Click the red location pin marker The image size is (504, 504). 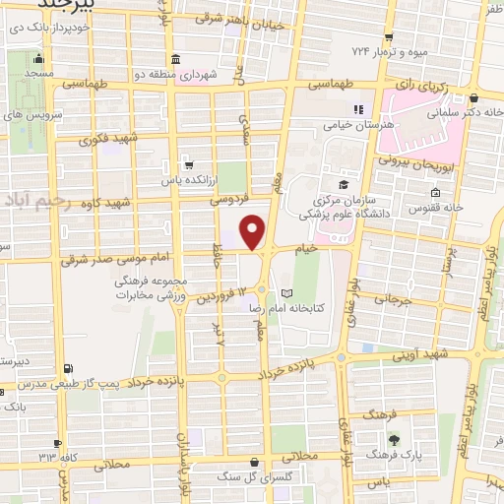pos(254,232)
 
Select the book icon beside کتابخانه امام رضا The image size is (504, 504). pos(286,293)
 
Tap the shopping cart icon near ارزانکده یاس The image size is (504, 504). pos(188,165)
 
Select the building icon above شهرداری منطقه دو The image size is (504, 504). pos(175,58)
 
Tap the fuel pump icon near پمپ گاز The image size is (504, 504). pos(66,369)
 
